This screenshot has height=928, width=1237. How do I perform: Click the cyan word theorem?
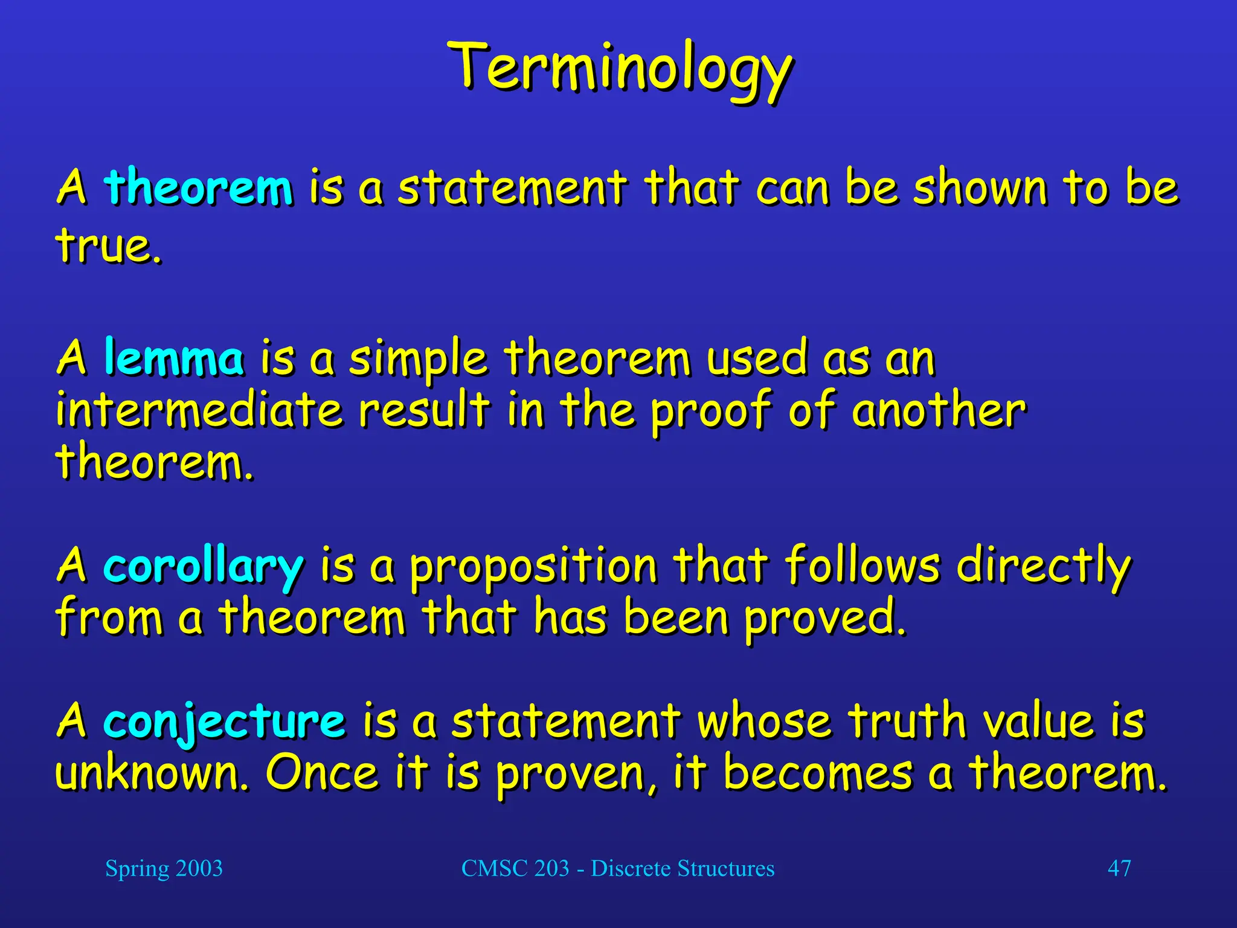(199, 187)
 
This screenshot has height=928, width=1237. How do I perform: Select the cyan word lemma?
(174, 358)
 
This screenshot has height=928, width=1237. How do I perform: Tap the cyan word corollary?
(203, 565)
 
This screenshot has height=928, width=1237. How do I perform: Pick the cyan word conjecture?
(224, 721)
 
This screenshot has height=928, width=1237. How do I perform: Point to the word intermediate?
(199, 410)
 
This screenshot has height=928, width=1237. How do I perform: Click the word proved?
(824, 619)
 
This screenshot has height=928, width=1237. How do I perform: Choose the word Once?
(323, 773)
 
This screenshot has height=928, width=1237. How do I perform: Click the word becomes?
(818, 773)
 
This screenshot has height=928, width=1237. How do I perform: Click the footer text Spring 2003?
(164, 869)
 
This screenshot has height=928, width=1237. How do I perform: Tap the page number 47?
(1119, 869)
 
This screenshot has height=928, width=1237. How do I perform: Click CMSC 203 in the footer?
(515, 869)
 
